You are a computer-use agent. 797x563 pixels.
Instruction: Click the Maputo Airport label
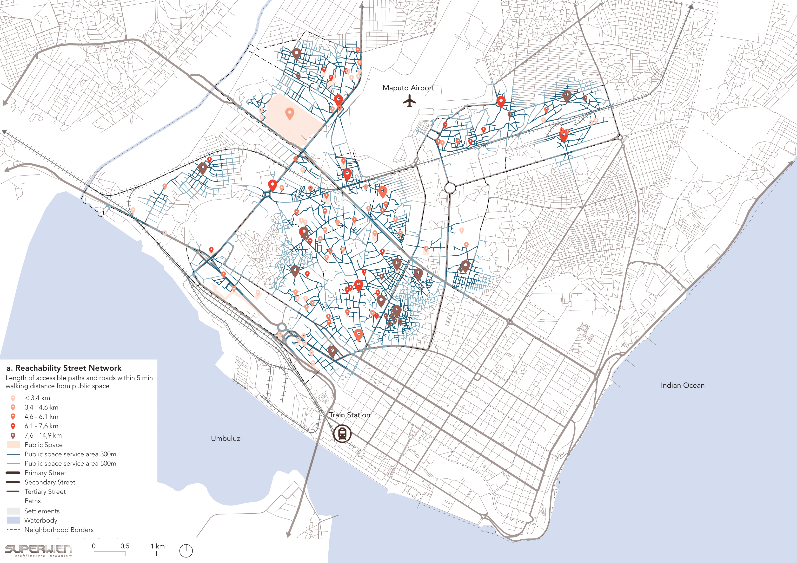pyautogui.click(x=408, y=88)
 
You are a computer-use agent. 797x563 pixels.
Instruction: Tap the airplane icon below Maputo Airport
pyautogui.click(x=410, y=101)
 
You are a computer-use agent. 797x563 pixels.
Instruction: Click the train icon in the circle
pyautogui.click(x=342, y=434)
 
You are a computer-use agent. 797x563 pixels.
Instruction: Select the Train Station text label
pyautogui.click(x=350, y=415)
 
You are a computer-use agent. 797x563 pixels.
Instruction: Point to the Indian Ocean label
pyautogui.click(x=683, y=385)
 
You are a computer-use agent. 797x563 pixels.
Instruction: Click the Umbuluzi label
pyautogui.click(x=226, y=439)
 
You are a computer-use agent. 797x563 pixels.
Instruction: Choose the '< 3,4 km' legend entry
pyautogui.click(x=37, y=398)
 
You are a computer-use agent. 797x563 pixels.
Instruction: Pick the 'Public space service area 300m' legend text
pyautogui.click(x=70, y=454)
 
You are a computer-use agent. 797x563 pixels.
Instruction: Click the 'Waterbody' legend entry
pyautogui.click(x=41, y=520)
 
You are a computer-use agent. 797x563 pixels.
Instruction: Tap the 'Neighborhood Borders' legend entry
pyautogui.click(x=59, y=530)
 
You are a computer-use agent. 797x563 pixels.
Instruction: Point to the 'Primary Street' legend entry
pyautogui.click(x=45, y=473)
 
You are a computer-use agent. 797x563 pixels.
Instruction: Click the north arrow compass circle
pyautogui.click(x=186, y=550)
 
